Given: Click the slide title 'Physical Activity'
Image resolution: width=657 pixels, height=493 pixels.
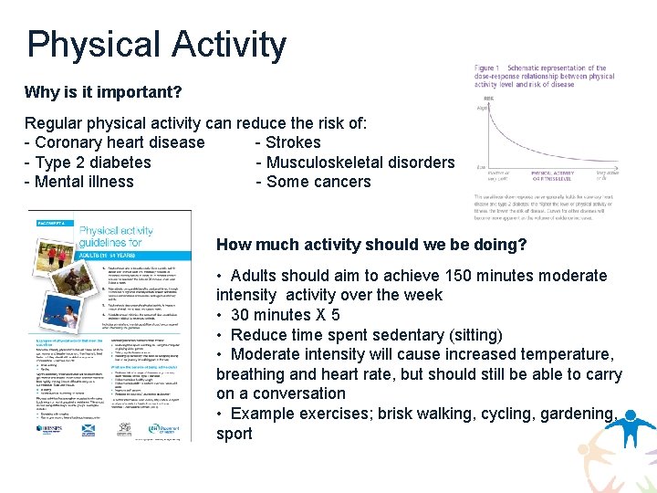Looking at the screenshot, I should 156,45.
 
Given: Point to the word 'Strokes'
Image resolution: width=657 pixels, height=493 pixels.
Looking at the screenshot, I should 293,142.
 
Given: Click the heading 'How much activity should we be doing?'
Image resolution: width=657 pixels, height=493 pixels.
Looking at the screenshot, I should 371,245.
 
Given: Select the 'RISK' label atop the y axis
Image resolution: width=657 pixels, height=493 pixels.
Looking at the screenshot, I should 490,99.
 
